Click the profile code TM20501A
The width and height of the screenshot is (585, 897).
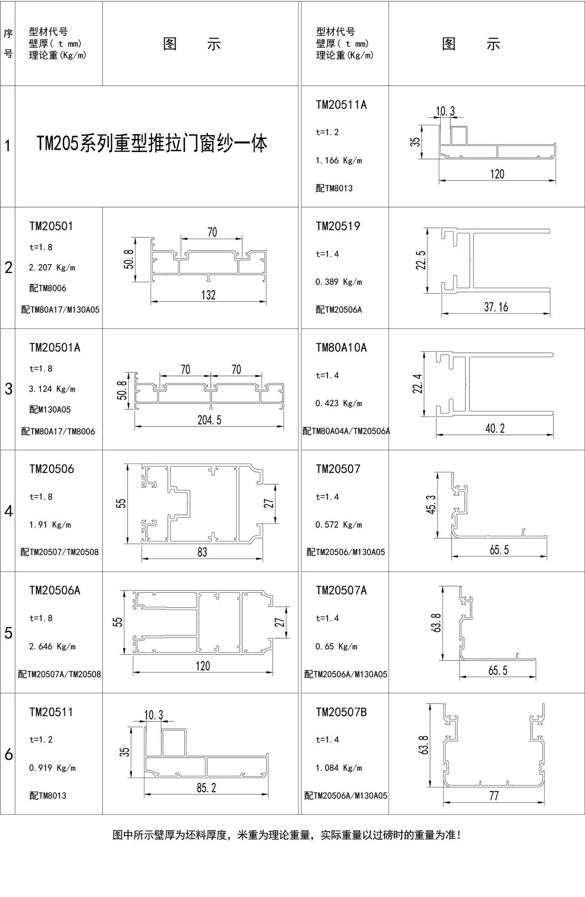click(x=55, y=348)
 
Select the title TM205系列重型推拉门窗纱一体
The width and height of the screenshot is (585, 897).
click(x=152, y=144)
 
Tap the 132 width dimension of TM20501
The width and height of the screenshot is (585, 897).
click(x=208, y=295)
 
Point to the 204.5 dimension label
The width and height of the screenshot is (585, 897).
click(x=209, y=420)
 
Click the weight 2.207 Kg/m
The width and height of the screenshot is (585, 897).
click(x=52, y=268)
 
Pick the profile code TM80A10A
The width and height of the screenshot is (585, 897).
click(x=341, y=348)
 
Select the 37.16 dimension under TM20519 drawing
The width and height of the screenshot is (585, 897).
click(x=496, y=307)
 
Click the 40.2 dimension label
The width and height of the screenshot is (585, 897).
click(x=495, y=429)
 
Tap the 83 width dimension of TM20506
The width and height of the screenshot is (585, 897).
click(x=202, y=552)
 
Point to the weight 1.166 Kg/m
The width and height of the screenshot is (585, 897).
click(x=339, y=160)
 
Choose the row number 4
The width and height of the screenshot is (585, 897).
click(x=8, y=511)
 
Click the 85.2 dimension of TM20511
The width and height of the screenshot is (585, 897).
click(x=206, y=788)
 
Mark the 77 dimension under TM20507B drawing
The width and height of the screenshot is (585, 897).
click(x=494, y=796)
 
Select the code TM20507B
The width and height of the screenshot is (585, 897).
click(x=341, y=712)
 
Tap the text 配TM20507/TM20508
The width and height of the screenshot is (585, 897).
click(x=59, y=552)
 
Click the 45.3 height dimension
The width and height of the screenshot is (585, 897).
click(x=431, y=504)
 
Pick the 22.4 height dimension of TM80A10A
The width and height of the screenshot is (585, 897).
click(x=418, y=384)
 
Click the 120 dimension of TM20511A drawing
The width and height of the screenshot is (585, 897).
click(x=497, y=174)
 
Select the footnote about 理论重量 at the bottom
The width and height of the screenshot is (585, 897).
click(x=287, y=835)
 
